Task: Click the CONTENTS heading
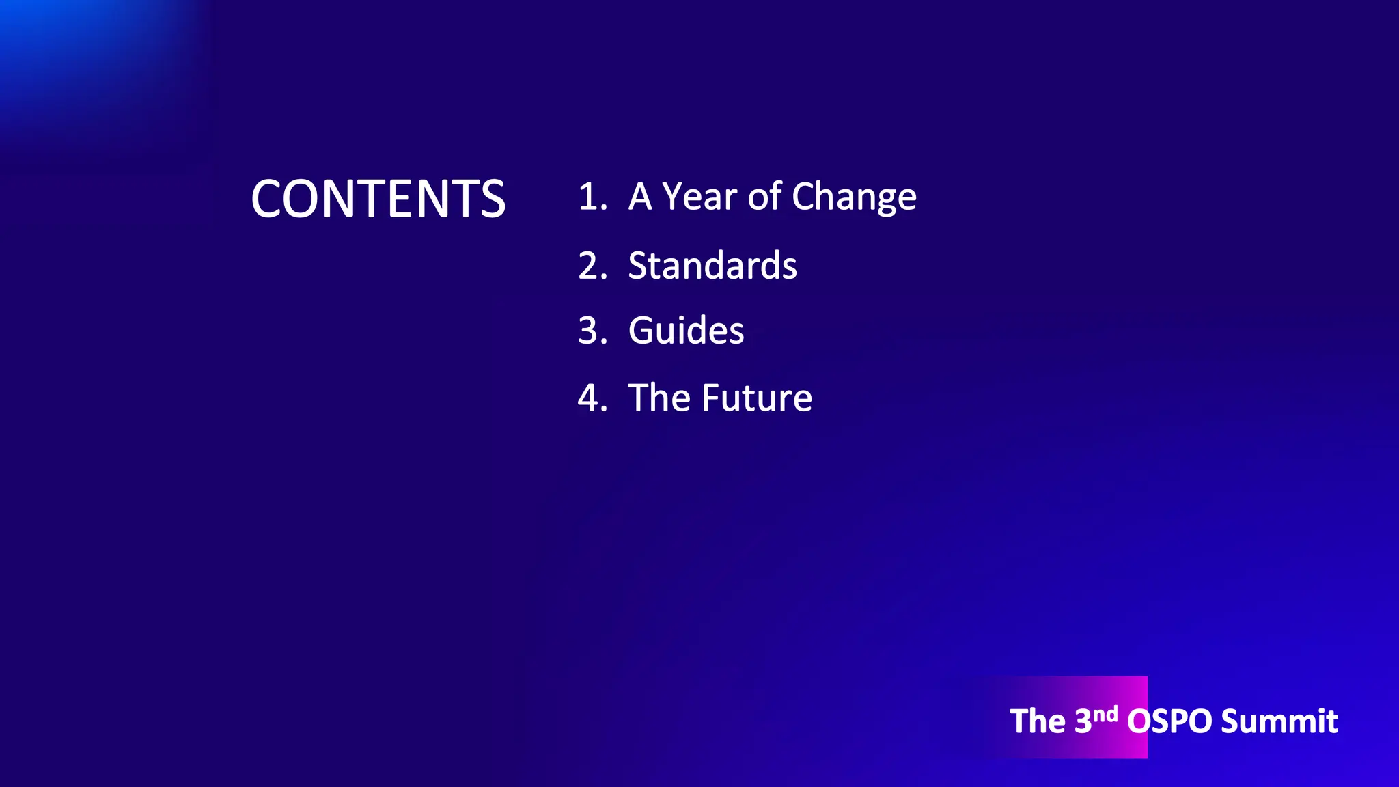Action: (x=378, y=199)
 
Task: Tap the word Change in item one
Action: (x=854, y=198)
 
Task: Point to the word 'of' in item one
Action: (x=764, y=197)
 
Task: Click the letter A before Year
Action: (x=640, y=197)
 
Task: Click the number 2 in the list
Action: (x=590, y=266)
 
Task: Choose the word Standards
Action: (x=712, y=266)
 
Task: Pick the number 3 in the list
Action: (x=590, y=331)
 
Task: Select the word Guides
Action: (x=686, y=331)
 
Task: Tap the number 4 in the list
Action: (x=590, y=398)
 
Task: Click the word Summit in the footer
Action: (x=1279, y=721)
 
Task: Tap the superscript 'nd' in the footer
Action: (x=1105, y=714)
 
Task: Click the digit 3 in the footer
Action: (x=1083, y=721)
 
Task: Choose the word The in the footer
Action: (x=1037, y=721)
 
